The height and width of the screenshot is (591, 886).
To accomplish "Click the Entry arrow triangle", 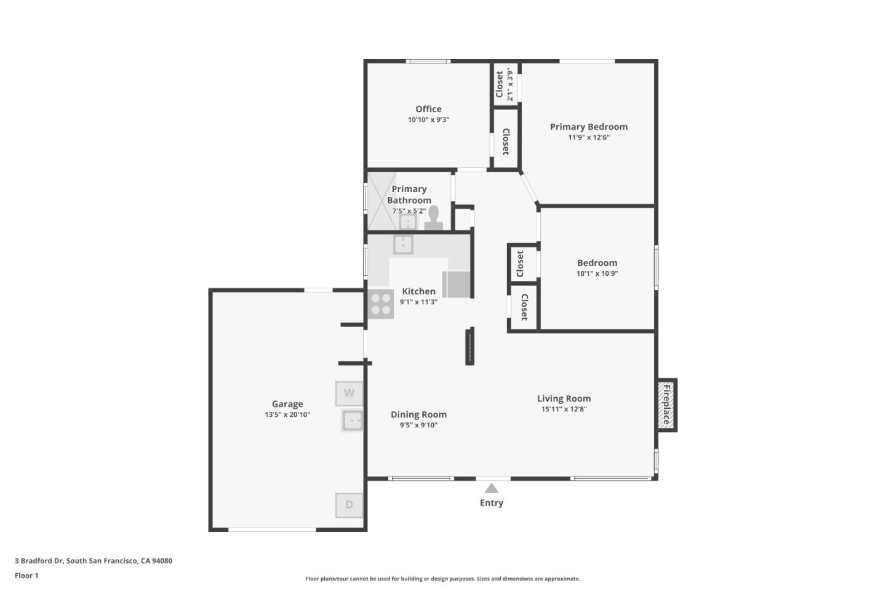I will tap(491, 489).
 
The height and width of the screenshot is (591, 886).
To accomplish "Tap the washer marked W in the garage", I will tap(349, 393).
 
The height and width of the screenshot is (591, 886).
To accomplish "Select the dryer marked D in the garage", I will tap(349, 505).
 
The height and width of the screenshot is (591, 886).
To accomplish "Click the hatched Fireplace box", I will tap(666, 405).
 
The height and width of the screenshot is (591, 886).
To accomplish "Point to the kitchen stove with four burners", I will tap(380, 304).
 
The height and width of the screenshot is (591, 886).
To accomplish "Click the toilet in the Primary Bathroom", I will tap(433, 218).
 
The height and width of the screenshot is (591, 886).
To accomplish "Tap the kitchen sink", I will tap(403, 244).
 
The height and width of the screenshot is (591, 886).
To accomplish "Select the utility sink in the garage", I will tap(353, 420).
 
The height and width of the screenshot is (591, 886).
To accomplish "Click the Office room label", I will tap(428, 109).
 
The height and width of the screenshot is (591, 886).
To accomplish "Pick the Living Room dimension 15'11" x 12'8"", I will tap(564, 409).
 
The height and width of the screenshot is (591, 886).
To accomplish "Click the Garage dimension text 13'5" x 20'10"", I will tap(287, 414).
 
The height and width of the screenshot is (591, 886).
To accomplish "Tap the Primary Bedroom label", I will tap(588, 127).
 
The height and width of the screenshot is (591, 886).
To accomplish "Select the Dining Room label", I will tap(418, 414).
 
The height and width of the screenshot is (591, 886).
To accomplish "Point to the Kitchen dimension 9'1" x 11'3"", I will tap(418, 302).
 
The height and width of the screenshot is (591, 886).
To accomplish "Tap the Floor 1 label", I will tap(26, 576).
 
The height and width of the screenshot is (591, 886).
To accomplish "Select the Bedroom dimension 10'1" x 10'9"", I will tap(597, 273).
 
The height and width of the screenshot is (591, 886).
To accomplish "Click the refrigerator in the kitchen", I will tap(457, 284).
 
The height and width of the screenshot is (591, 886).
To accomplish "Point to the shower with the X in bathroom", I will tap(381, 201).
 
